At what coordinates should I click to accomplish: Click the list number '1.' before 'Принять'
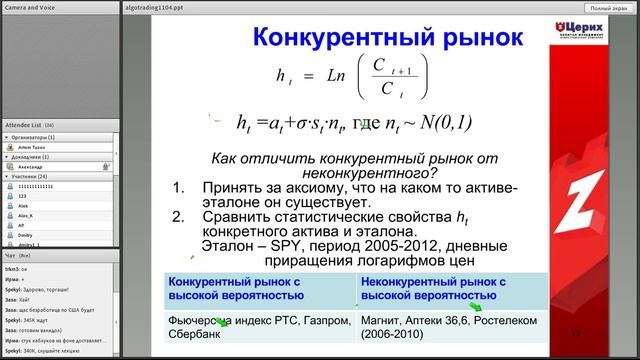click(181, 187)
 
